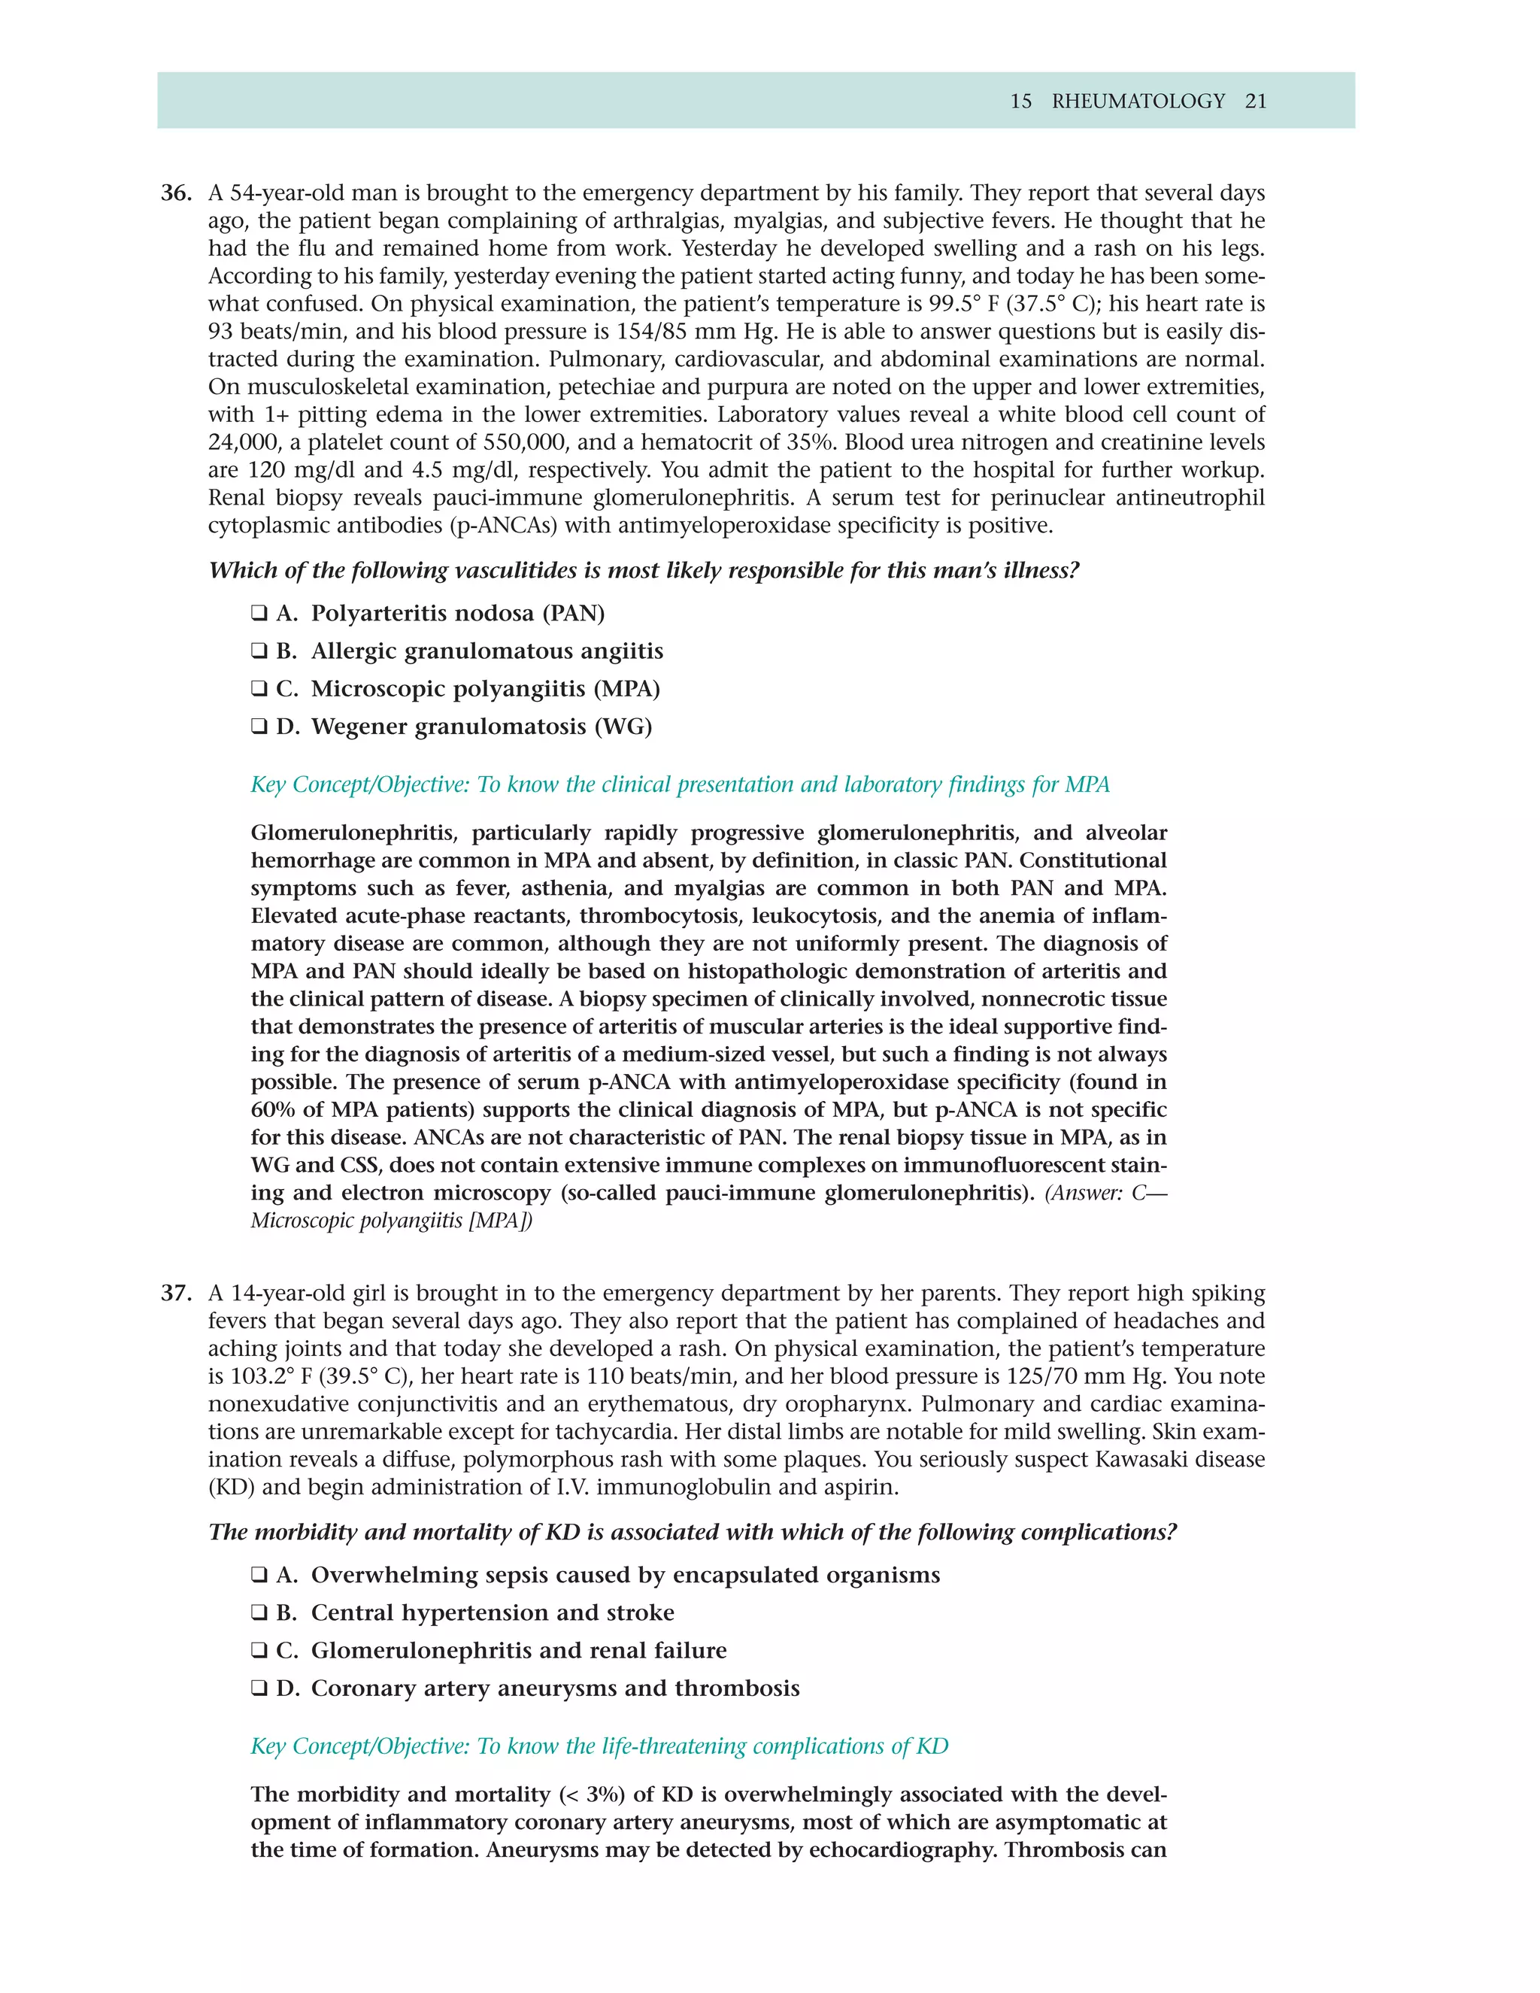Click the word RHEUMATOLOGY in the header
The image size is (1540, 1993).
coord(1138,102)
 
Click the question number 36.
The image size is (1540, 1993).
coord(176,193)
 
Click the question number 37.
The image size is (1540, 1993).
coord(176,1293)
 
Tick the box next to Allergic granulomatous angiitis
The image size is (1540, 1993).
coord(259,651)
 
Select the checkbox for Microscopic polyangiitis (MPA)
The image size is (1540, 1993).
coord(259,689)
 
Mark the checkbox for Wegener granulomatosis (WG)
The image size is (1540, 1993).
coord(259,727)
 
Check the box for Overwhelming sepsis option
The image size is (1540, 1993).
coord(259,1575)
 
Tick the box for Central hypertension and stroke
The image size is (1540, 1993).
coord(259,1612)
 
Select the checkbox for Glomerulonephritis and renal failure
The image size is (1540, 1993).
coord(259,1651)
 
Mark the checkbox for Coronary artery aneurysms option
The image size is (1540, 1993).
coord(259,1688)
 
